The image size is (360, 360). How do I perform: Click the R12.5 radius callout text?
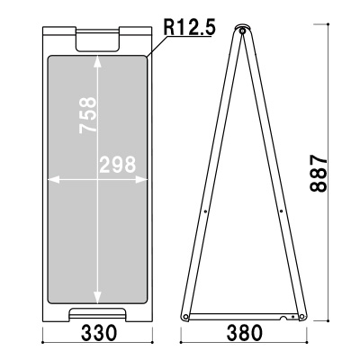point(189,28)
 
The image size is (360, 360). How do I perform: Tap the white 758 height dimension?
point(88,115)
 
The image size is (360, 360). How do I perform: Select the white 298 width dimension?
point(118,165)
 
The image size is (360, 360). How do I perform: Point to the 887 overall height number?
point(319,174)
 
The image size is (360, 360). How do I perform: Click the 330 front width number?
point(99,333)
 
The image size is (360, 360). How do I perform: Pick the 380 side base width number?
point(245,333)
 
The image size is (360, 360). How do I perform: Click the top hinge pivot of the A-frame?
point(242,31)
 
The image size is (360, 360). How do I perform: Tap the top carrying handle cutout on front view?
point(97,40)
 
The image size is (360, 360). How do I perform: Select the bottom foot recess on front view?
point(98,313)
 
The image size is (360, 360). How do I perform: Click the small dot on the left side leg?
point(205,211)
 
